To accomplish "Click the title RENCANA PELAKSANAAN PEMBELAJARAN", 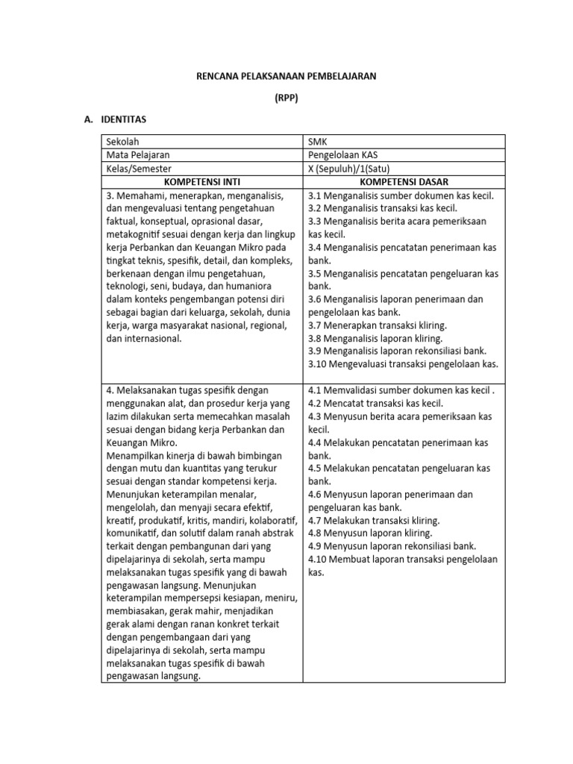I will (286, 75).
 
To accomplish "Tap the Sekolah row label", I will (123, 141).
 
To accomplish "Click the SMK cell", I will (316, 141).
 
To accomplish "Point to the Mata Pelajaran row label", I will (138, 154).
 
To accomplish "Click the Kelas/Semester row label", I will (139, 169).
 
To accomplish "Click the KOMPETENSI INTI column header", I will (201, 182).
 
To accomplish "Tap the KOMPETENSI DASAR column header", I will (403, 182).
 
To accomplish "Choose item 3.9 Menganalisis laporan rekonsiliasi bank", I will (397, 351).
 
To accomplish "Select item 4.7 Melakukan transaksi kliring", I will (374, 520).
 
